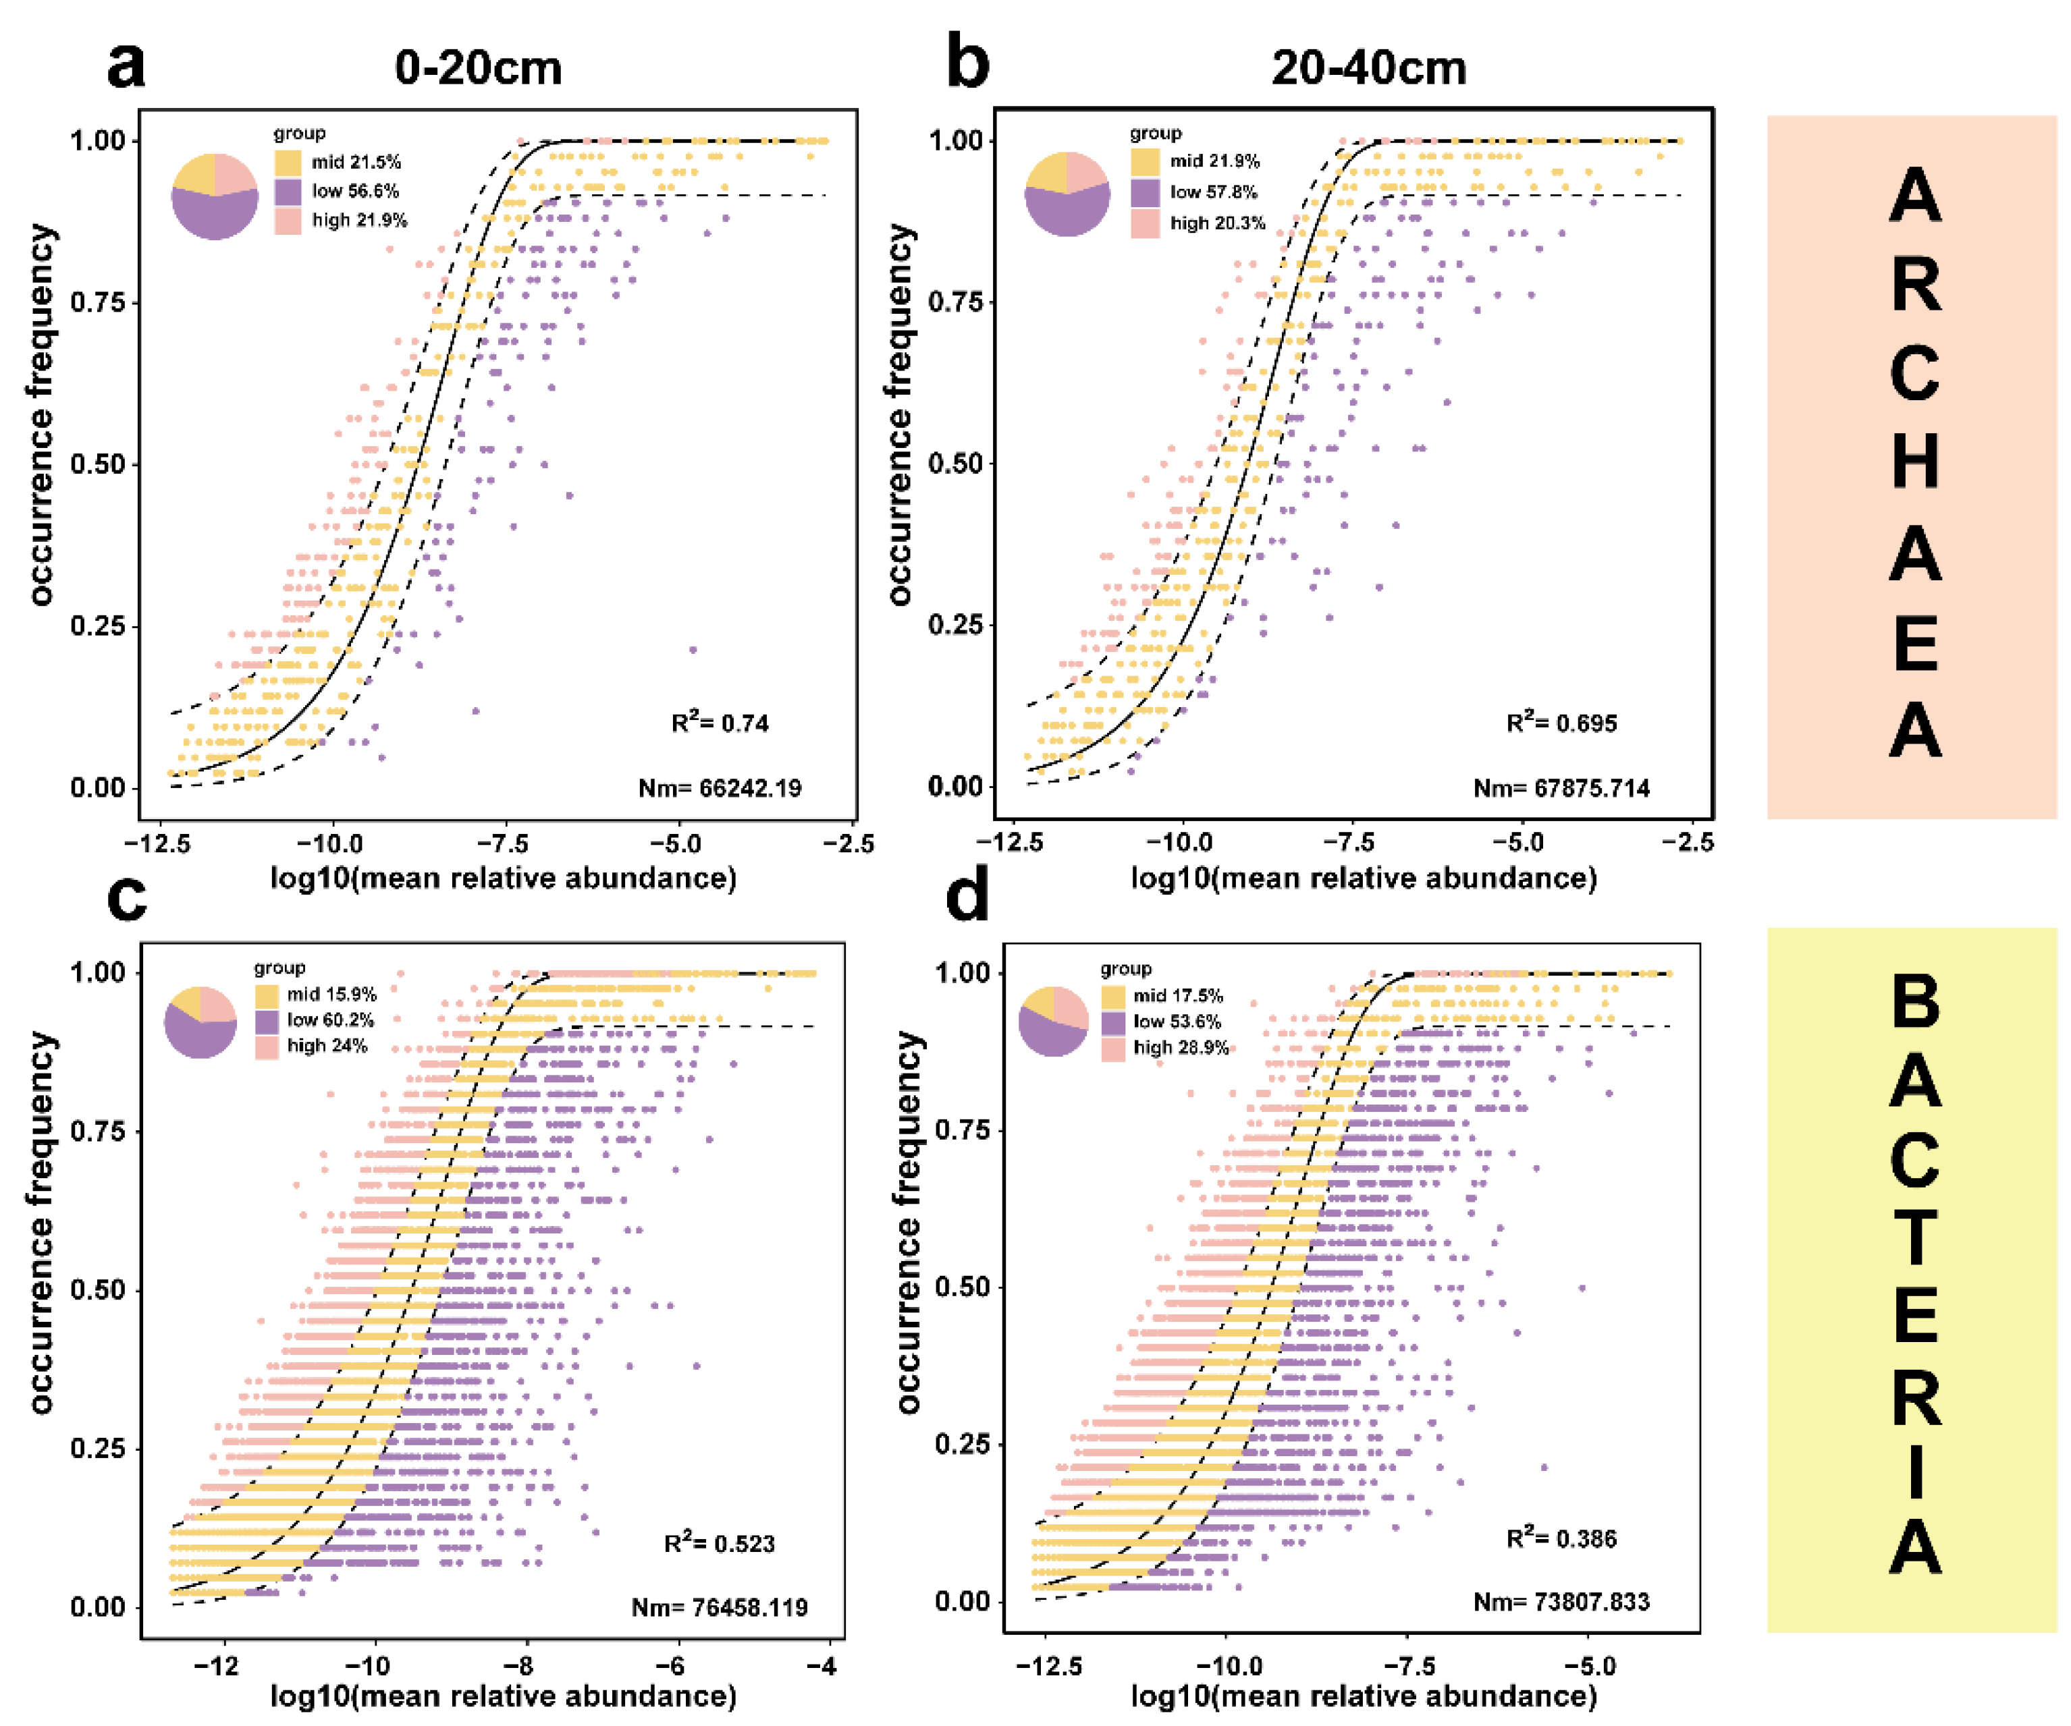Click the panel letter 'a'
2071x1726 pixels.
[x=126, y=65]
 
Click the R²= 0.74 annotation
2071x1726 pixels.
[x=719, y=723]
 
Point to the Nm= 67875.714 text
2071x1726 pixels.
[x=1561, y=787]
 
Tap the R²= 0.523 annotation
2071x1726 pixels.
[x=719, y=1542]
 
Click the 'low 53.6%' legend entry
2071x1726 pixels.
[x=1177, y=1021]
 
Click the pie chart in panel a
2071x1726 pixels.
[x=215, y=196]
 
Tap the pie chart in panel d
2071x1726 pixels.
[x=1053, y=1020]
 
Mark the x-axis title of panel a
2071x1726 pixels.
[x=503, y=877]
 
